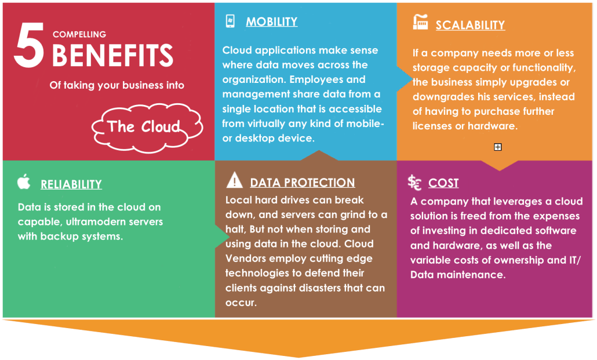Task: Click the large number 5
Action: pos(29,45)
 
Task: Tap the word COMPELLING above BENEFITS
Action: pos(79,34)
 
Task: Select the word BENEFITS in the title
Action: pos(112,55)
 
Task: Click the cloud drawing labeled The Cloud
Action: pos(147,128)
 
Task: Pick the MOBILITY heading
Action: pos(271,21)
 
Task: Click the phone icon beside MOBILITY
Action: pos(230,21)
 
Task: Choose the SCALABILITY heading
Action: pos(470,25)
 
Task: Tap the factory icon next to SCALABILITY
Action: pos(420,22)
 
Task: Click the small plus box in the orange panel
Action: pos(498,147)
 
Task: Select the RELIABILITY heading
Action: pos(71,184)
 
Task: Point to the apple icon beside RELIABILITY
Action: pos(24,181)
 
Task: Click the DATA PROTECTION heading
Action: pos(303,183)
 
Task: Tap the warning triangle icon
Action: pos(235,180)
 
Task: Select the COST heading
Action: pos(443,183)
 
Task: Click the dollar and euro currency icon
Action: pos(414,183)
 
